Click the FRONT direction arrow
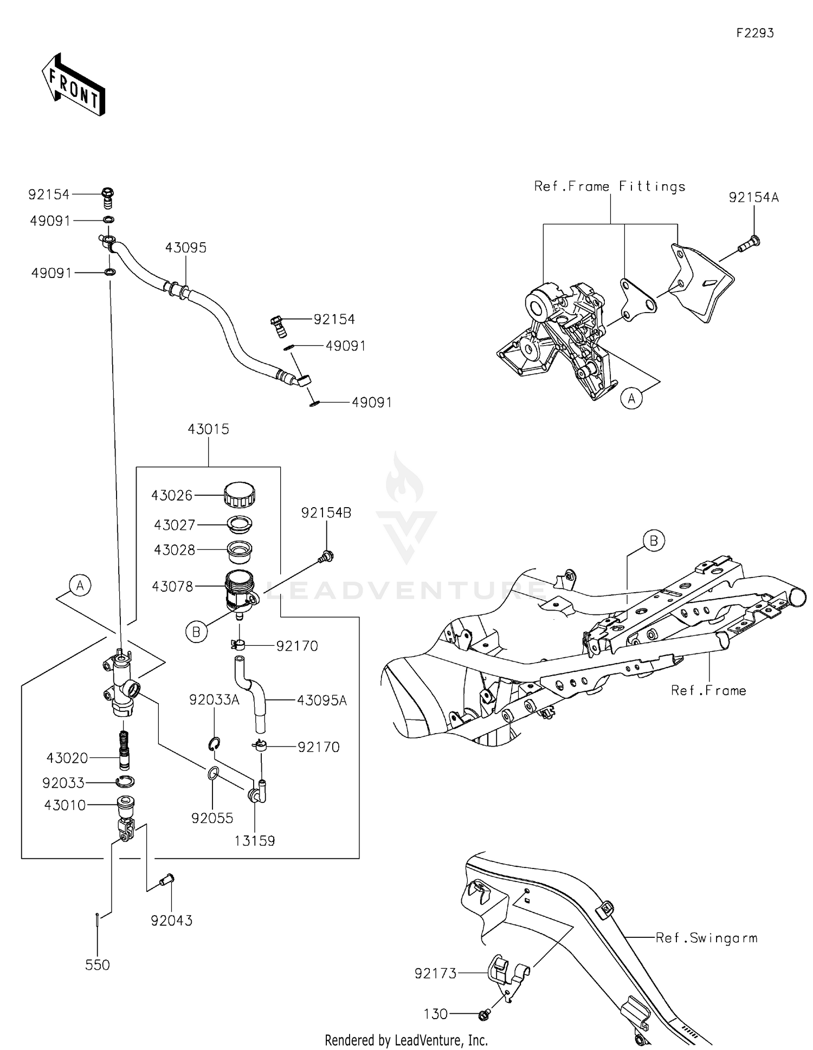[73, 85]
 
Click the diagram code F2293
[754, 33]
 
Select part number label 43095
[186, 248]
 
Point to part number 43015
[208, 429]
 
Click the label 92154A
[753, 198]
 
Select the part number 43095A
[321, 701]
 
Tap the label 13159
[255, 841]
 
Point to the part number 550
[98, 965]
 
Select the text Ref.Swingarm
[706, 938]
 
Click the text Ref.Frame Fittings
[610, 186]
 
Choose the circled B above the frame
[654, 541]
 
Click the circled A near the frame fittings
[631, 399]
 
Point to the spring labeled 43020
[125, 750]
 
